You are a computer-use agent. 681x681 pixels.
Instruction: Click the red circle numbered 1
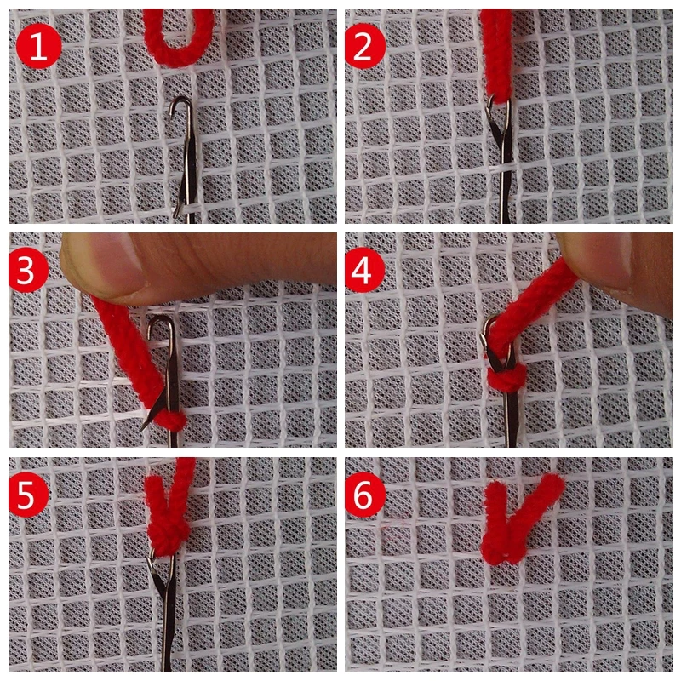pos(36,49)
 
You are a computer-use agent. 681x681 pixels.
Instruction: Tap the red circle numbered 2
pos(365,49)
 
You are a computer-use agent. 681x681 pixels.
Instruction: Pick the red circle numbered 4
pos(365,272)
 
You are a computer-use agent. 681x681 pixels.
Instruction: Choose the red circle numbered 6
pos(365,496)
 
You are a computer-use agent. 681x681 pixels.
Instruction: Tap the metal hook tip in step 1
pos(180,104)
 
